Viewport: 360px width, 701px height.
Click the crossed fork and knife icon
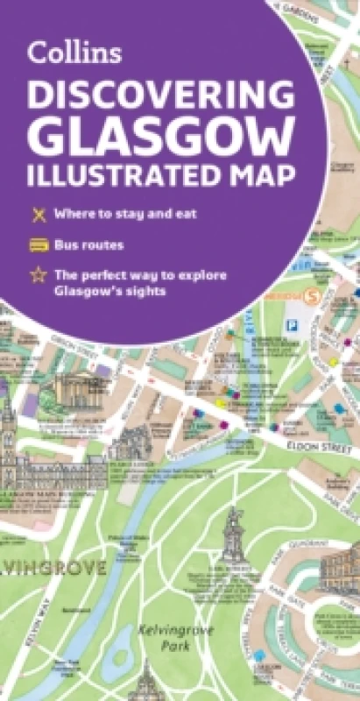38,214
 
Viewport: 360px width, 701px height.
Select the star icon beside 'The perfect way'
38,274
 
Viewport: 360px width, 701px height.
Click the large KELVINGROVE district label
53,567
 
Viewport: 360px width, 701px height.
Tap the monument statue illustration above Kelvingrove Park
232,535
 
